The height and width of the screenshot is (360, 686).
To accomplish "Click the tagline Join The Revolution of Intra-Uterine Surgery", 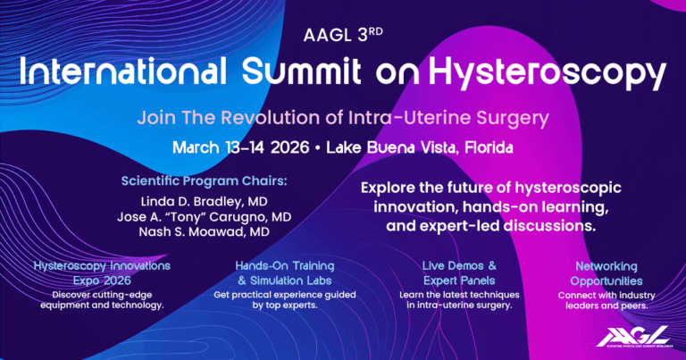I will (x=342, y=117).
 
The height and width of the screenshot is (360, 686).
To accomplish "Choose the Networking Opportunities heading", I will (x=606, y=272).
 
